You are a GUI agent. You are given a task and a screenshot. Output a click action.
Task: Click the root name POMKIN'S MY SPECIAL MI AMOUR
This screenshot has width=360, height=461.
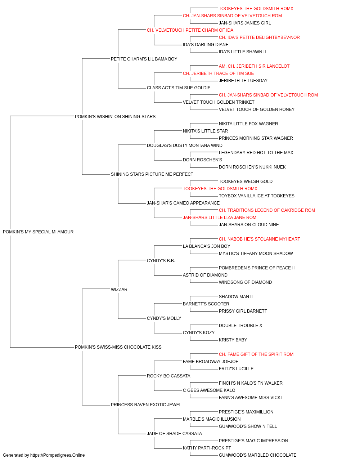tap(38, 232)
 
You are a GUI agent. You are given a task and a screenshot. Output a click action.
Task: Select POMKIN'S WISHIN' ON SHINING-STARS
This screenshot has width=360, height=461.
tap(115, 116)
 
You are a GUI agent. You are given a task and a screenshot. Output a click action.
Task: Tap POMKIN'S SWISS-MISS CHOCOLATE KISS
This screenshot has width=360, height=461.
tap(118, 347)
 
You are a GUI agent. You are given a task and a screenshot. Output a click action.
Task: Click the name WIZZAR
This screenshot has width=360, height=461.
tap(119, 289)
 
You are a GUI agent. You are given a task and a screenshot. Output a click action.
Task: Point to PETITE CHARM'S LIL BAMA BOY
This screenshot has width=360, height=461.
tap(144, 59)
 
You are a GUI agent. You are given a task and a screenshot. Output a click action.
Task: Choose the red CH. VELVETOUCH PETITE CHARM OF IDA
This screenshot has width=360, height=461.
tap(190, 30)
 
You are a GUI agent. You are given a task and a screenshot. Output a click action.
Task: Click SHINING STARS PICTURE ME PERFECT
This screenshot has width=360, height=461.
tap(152, 174)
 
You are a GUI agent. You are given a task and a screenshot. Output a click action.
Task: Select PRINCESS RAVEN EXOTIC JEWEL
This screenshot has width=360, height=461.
tap(146, 404)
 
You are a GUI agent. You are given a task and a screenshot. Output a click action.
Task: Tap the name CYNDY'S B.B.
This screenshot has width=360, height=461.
tap(161, 260)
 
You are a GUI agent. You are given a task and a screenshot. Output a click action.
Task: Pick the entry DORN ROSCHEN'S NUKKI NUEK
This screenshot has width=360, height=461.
tap(252, 167)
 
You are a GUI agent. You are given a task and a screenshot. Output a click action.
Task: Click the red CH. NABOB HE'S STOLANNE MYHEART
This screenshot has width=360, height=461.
tap(259, 239)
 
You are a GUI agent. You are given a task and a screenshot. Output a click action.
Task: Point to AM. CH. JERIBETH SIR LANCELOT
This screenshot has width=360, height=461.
tap(254, 66)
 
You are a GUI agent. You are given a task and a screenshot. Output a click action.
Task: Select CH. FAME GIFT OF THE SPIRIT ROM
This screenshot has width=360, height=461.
tap(256, 354)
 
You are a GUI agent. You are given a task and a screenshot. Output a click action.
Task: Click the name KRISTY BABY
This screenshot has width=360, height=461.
tap(233, 340)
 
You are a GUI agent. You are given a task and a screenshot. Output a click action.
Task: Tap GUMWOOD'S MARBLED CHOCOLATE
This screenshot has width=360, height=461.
tap(258, 455)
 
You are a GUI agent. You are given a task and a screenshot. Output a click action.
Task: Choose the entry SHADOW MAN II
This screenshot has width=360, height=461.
tap(235, 296)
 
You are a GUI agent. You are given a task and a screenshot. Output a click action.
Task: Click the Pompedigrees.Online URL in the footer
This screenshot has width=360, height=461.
tap(57, 455)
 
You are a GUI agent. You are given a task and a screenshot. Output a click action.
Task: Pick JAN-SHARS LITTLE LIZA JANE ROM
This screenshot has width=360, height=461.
tap(220, 217)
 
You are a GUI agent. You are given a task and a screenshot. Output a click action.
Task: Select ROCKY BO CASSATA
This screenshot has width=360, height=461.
tap(168, 376)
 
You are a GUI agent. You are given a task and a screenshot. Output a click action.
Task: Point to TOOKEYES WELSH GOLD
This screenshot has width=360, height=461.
tap(246, 182)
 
